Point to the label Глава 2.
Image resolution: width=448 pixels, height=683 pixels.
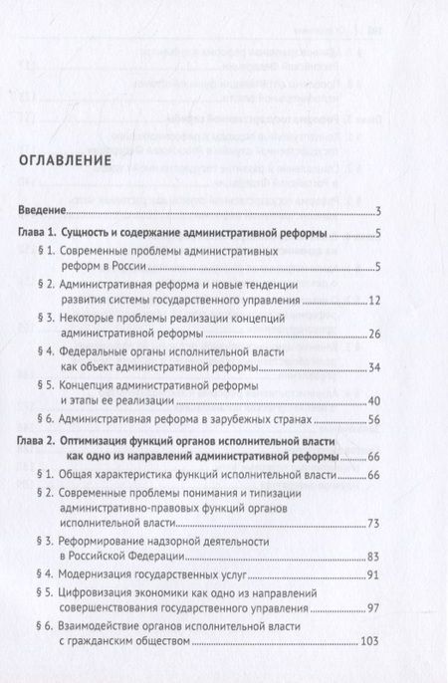pos(43,440)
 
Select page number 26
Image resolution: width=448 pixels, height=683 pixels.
pos(376,361)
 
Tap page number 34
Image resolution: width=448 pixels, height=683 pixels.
pos(376,395)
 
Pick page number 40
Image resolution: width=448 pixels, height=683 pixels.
pos(376,429)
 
